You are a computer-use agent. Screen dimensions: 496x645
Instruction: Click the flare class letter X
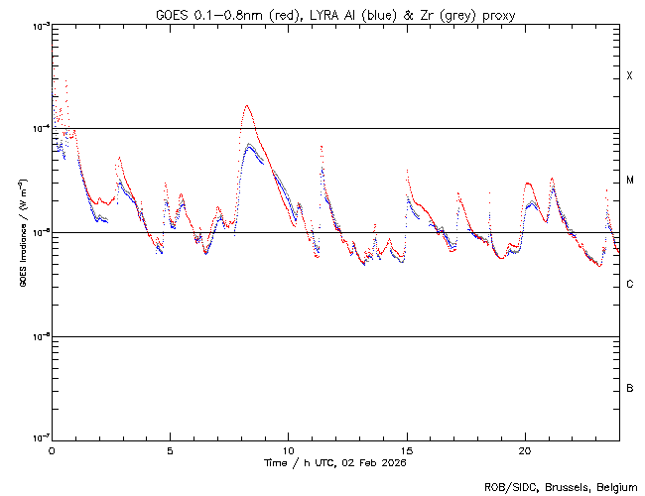629,76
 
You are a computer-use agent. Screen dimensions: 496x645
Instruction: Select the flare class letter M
629,181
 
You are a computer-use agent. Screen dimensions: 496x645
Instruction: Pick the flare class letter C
629,285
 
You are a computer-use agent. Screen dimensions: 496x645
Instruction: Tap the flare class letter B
629,388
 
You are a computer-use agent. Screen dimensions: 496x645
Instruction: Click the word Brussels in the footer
558,486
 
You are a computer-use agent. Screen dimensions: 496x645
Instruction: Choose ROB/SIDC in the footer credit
505,486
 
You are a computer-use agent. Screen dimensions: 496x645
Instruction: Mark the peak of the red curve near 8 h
246,105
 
